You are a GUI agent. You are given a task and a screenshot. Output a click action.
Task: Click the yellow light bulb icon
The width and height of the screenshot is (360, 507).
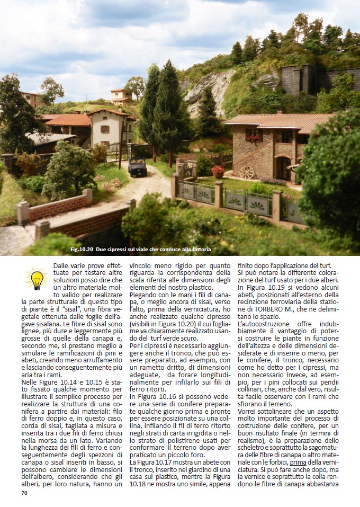[37, 278]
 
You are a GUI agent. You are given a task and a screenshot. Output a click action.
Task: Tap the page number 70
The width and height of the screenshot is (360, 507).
[24, 493]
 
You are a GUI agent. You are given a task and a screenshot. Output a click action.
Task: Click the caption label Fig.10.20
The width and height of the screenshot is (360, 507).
[82, 249]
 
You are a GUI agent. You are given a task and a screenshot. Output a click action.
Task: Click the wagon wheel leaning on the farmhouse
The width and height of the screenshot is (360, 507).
[246, 172]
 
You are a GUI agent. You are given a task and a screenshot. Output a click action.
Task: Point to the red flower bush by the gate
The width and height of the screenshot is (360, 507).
[218, 171]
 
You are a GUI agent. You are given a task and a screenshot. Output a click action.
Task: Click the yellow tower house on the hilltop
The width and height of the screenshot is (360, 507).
[121, 96]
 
